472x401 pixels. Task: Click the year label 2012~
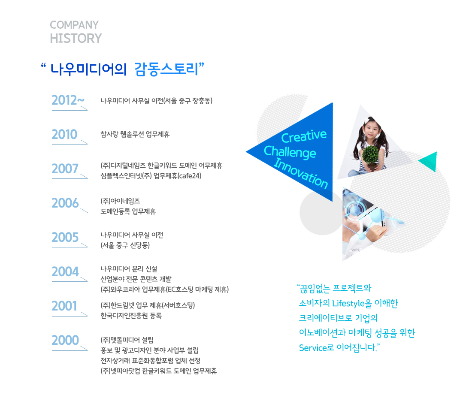click(x=68, y=100)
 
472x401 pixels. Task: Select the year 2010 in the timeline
click(x=64, y=135)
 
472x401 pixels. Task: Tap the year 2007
click(x=65, y=169)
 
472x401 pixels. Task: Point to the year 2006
click(x=65, y=203)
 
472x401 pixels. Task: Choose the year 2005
click(x=65, y=237)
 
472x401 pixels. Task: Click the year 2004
click(x=65, y=271)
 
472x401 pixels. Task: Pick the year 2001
click(x=64, y=306)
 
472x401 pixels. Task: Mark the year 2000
click(x=65, y=340)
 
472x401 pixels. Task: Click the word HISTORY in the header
click(x=76, y=39)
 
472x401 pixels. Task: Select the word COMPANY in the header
click(x=74, y=25)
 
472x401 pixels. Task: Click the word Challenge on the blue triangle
click(x=290, y=152)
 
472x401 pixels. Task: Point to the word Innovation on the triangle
click(x=300, y=173)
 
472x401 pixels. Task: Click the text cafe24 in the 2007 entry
click(x=189, y=176)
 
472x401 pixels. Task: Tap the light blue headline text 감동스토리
click(x=166, y=69)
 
